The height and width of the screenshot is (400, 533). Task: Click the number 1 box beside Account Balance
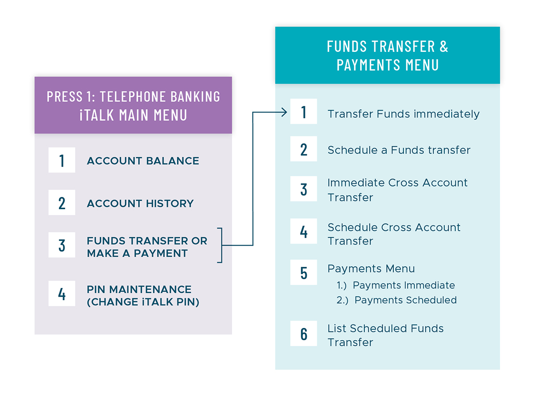pyautogui.click(x=62, y=160)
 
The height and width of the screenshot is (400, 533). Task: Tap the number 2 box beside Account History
pyautogui.click(x=62, y=202)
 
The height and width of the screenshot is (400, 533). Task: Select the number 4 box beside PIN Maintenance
pyautogui.click(x=62, y=293)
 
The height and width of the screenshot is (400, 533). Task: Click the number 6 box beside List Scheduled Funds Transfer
pyautogui.click(x=304, y=333)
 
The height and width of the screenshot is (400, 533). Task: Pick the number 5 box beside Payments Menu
pyautogui.click(x=304, y=272)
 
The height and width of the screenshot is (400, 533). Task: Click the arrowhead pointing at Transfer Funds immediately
pyautogui.click(x=285, y=112)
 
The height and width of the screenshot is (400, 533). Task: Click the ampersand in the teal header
pyautogui.click(x=444, y=47)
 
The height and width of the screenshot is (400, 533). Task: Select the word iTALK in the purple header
pyautogui.click(x=97, y=115)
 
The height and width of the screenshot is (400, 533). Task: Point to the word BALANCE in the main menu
pyautogui.click(x=172, y=161)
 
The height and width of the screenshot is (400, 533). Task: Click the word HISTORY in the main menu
pyautogui.click(x=170, y=204)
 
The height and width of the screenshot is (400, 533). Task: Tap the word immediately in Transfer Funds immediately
pyautogui.click(x=446, y=114)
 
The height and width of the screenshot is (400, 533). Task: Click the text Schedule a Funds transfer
pyautogui.click(x=399, y=150)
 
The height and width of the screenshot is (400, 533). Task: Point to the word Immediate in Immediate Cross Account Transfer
pyautogui.click(x=356, y=183)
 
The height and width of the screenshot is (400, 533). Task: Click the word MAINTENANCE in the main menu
pyautogui.click(x=150, y=290)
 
